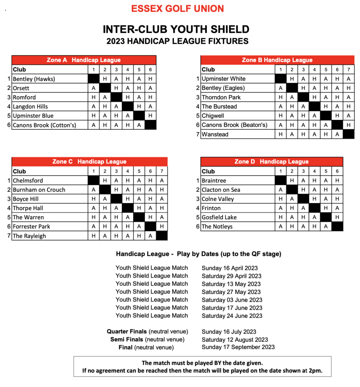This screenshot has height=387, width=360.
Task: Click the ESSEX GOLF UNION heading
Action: tap(178, 9)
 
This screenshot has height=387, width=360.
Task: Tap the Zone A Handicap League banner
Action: tap(83, 60)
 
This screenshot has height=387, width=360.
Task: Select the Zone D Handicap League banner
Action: tap(272, 162)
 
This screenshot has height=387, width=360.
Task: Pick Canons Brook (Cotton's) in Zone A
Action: tap(44, 125)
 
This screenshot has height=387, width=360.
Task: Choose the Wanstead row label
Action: tap(215, 134)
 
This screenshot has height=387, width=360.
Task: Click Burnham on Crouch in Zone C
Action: tap(39, 190)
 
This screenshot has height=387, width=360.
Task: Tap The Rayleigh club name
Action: tap(29, 236)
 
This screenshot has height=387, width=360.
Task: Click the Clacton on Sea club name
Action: tap(221, 190)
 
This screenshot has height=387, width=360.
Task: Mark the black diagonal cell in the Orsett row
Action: tap(105, 88)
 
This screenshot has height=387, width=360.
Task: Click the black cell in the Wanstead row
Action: tap(349, 134)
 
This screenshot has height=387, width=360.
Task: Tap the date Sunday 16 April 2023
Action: tap(230, 268)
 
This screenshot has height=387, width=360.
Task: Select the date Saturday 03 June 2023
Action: tap(232, 300)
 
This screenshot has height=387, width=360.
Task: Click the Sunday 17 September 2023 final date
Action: tap(238, 347)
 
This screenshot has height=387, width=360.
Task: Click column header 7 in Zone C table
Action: tap(162, 171)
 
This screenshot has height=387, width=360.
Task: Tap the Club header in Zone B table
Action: tap(208, 70)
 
